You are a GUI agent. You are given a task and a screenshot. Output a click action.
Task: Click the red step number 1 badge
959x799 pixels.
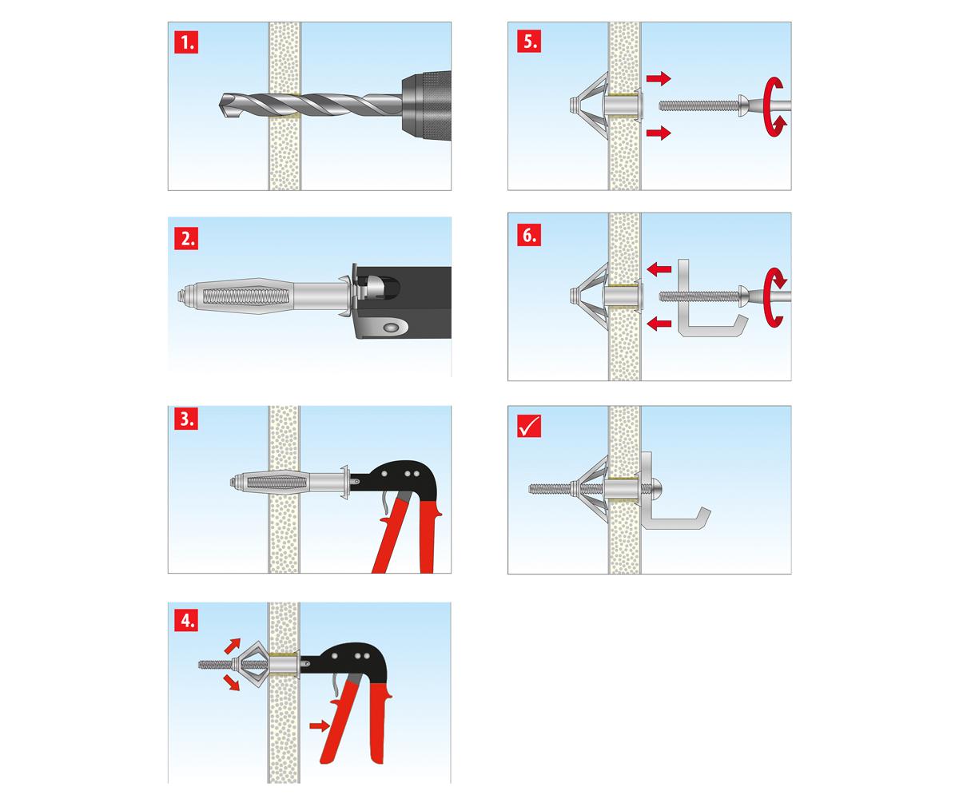pyautogui.click(x=186, y=42)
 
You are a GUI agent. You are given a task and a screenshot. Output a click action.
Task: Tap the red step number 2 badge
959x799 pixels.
pyautogui.click(x=186, y=238)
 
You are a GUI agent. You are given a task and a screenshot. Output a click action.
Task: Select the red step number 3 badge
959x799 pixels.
pyautogui.click(x=186, y=419)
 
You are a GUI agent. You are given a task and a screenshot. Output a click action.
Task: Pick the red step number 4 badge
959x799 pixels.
pyautogui.click(x=186, y=620)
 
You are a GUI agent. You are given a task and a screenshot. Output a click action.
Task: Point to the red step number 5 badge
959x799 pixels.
pyautogui.click(x=529, y=42)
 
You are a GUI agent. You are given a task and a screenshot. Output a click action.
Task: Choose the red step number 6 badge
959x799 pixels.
pyautogui.click(x=529, y=235)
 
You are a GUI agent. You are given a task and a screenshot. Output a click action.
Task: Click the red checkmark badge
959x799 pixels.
pyautogui.click(x=529, y=426)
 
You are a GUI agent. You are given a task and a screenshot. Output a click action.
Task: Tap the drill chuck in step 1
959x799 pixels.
pyautogui.click(x=426, y=105)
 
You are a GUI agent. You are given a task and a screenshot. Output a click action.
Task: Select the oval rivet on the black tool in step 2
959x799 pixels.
pyautogui.click(x=391, y=328)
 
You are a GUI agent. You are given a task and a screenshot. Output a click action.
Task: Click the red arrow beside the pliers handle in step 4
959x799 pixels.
pyautogui.click(x=319, y=725)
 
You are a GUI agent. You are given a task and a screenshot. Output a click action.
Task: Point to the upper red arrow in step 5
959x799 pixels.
pyautogui.click(x=659, y=78)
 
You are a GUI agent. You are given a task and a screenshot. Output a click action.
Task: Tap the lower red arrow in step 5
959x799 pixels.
pyautogui.click(x=659, y=133)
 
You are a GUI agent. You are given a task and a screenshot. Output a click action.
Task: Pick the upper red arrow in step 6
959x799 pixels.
pyautogui.click(x=659, y=269)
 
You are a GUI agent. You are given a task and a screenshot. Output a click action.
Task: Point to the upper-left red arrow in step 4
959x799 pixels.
pyautogui.click(x=233, y=646)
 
